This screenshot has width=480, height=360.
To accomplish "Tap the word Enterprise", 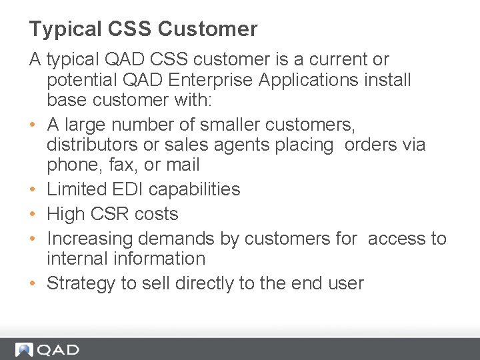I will click(x=211, y=80).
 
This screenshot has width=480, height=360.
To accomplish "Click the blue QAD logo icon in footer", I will click(x=25, y=349).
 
